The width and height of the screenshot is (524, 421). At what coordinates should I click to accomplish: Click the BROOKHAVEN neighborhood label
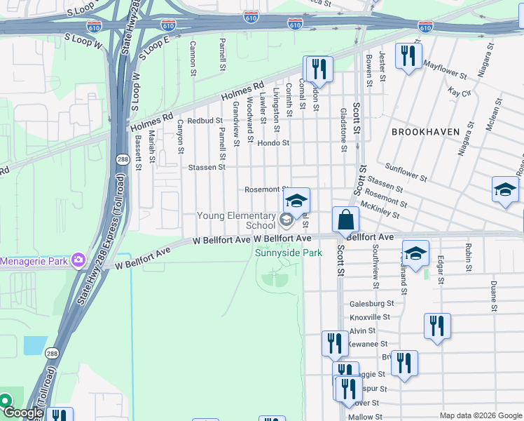(x=425, y=132)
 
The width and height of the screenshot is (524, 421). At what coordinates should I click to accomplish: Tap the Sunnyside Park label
(x=288, y=253)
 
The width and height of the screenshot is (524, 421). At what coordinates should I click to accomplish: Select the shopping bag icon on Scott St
(x=345, y=220)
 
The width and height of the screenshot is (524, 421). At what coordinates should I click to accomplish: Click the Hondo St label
(x=273, y=143)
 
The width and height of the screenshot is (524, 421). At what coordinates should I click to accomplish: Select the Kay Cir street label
(x=458, y=93)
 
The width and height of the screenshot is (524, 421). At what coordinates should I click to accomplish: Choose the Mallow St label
(x=361, y=417)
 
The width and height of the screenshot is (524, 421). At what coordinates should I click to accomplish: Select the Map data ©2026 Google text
(x=480, y=415)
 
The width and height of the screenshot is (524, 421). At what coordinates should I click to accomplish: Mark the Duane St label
(x=494, y=296)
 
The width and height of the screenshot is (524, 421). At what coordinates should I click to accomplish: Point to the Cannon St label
(x=191, y=54)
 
